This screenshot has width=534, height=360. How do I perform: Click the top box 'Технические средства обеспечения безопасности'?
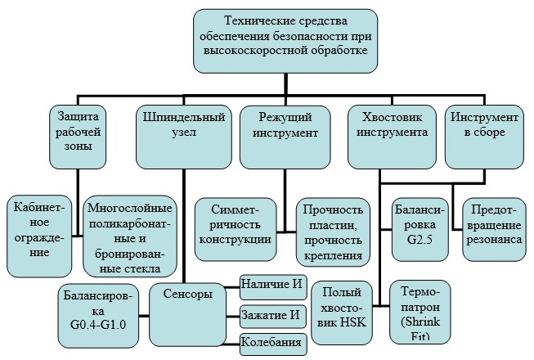(x=285, y=41)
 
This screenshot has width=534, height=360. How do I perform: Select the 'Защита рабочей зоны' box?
(x=78, y=137)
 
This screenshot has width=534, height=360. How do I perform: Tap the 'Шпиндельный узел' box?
(x=184, y=137)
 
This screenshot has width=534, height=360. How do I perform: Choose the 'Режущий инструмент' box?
(x=285, y=137)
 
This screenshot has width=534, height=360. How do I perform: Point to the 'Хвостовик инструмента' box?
(x=392, y=137)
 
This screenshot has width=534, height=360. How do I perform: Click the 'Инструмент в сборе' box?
(x=484, y=137)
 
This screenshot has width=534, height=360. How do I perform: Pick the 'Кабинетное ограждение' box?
(x=39, y=236)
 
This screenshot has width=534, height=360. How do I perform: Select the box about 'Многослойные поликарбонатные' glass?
(x=130, y=236)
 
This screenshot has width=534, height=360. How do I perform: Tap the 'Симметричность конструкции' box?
(x=236, y=230)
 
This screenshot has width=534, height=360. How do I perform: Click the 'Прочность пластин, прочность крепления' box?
(x=333, y=232)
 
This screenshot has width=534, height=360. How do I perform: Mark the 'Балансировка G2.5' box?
(x=420, y=230)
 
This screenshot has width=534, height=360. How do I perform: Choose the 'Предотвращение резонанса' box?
(x=494, y=230)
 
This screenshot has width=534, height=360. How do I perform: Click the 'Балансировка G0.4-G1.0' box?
(x=98, y=316)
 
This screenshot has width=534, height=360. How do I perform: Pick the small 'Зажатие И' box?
(x=273, y=317)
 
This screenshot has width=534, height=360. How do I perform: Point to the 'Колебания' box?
(x=273, y=344)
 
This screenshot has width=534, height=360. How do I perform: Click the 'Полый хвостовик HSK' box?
(x=342, y=313)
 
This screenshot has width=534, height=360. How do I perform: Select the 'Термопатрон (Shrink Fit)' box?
(x=420, y=312)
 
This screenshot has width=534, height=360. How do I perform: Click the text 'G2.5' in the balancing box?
(x=420, y=239)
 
